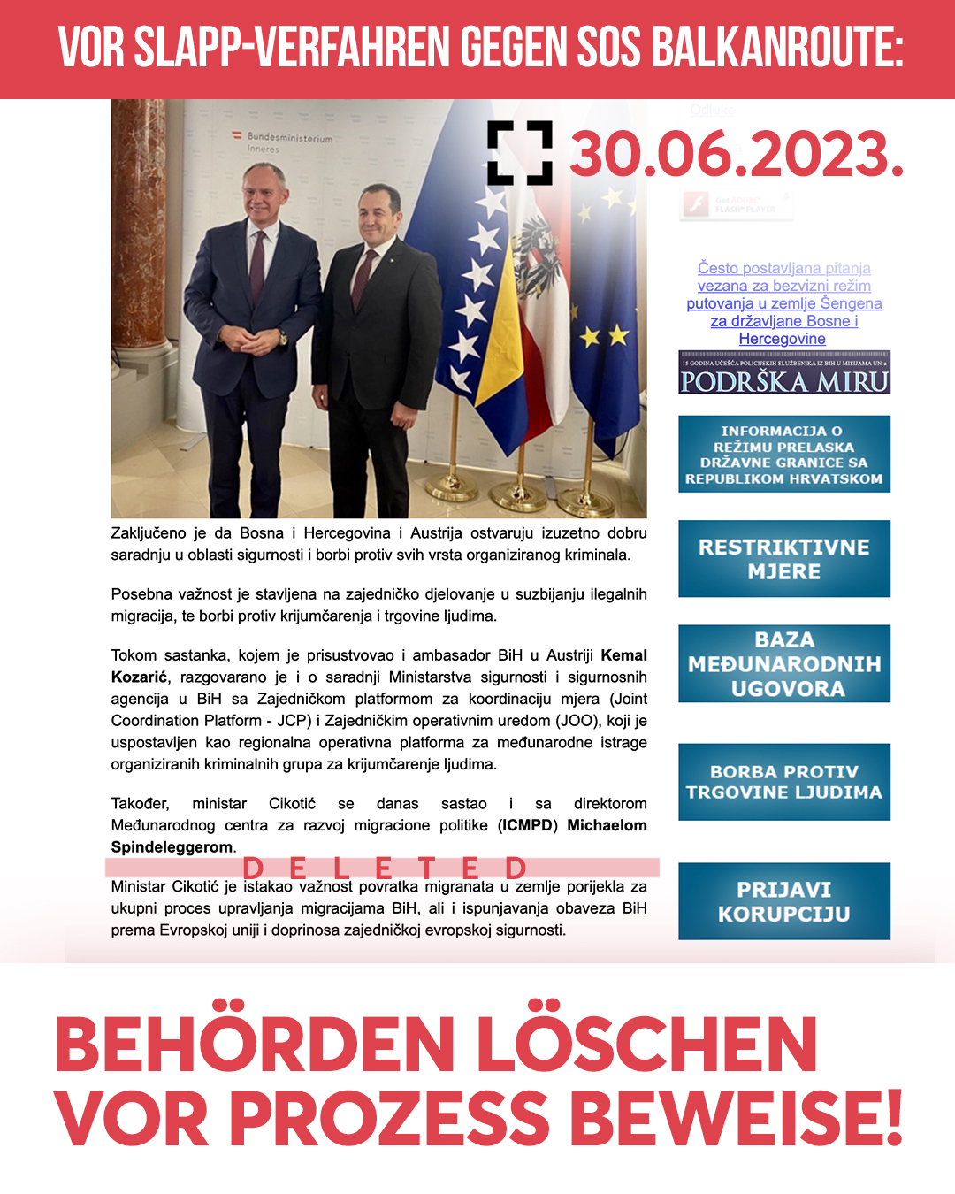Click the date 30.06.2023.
[x=737, y=155]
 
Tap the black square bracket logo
[x=520, y=153]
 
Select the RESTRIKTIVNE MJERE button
[x=784, y=559]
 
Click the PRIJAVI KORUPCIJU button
[x=784, y=901]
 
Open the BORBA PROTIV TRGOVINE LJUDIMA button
[x=784, y=782]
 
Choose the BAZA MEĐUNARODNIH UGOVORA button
[x=784, y=664]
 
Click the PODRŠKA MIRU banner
[x=784, y=373]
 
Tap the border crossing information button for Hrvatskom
[x=784, y=455]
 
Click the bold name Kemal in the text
[x=623, y=655]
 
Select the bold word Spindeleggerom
[x=172, y=847]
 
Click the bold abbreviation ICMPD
[x=527, y=825]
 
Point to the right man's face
[x=377, y=218]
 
